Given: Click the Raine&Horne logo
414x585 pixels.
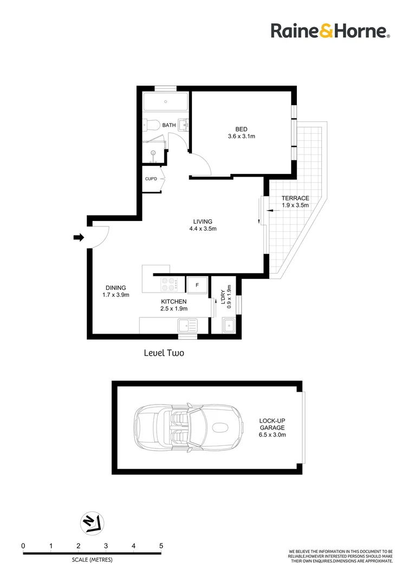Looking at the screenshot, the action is point(331,31).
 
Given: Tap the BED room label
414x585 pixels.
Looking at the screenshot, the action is point(241,129).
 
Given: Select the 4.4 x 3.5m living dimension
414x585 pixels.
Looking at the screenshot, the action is point(203,229).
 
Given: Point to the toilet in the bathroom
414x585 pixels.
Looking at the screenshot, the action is point(151,125).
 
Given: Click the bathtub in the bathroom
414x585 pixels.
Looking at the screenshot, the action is point(165,101).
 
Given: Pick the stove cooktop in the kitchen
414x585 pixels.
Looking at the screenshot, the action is point(168,285).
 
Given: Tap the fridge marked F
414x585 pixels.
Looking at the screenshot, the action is point(197,285).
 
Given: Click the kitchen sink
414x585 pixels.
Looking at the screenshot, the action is point(187,326).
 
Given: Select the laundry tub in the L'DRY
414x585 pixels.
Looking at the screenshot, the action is point(228,326).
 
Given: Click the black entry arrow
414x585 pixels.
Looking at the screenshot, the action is point(79,237).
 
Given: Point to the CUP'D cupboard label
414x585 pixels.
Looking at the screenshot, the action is point(151,179).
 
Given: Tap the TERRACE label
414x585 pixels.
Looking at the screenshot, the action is point(295,198).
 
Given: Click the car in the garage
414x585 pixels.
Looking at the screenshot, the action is point(189,427).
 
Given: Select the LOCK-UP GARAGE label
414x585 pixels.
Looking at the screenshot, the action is point(272,424).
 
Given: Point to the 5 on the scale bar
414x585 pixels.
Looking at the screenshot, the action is point(161,545).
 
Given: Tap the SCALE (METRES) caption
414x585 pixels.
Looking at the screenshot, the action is point(92,560).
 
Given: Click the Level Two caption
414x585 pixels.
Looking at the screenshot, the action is point(164,353).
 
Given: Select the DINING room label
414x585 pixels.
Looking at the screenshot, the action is point(116,288).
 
